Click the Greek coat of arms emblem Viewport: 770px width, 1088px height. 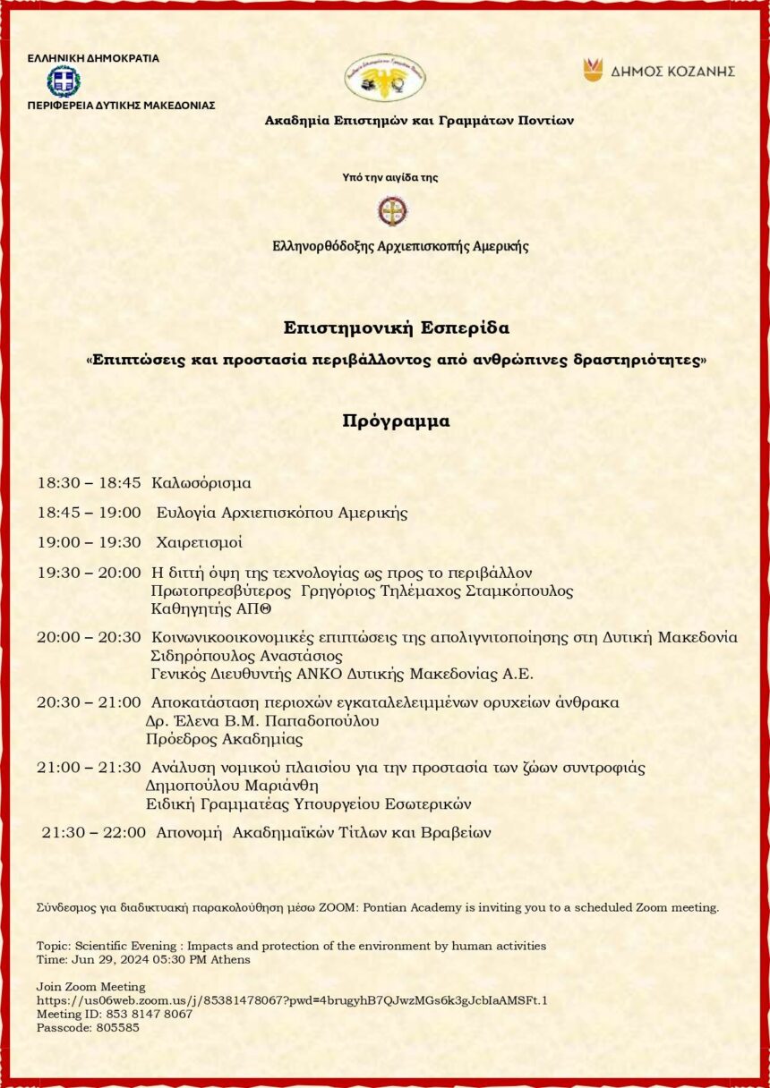point(64,81)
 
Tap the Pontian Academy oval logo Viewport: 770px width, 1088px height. point(385,77)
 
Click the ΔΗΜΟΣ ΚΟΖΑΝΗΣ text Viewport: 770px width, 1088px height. point(672,71)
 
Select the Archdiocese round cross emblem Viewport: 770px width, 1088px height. point(392,211)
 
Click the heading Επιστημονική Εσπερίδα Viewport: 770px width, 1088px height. point(396,328)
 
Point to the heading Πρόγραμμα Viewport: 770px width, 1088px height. point(396,421)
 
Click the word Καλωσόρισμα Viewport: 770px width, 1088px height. point(201,483)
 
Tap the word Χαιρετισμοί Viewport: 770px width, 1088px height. point(199,542)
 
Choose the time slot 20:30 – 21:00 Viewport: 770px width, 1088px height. point(89,702)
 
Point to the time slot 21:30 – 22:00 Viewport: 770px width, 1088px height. point(94,832)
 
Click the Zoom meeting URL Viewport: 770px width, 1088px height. point(292,1000)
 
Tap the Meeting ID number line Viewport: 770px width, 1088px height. point(115,1014)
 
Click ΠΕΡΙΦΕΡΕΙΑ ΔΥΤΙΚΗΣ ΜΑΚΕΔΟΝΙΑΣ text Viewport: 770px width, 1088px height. point(121,105)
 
